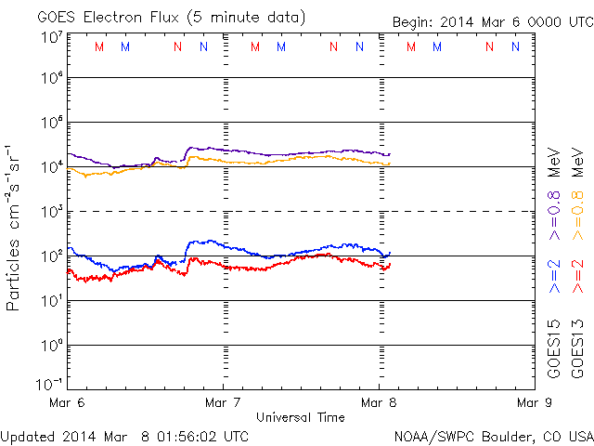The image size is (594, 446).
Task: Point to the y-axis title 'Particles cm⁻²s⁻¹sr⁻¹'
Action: coord(16,227)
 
